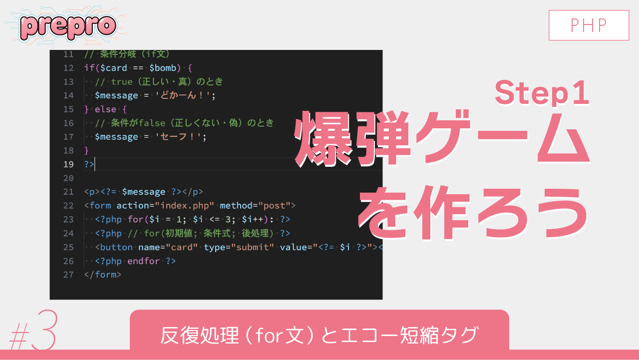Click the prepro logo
tap(67, 26)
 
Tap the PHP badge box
tap(589, 25)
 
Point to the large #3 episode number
tap(32, 332)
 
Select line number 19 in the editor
tap(68, 164)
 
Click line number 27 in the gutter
tap(68, 275)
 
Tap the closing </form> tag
tap(103, 275)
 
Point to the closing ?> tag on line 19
tap(89, 164)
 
